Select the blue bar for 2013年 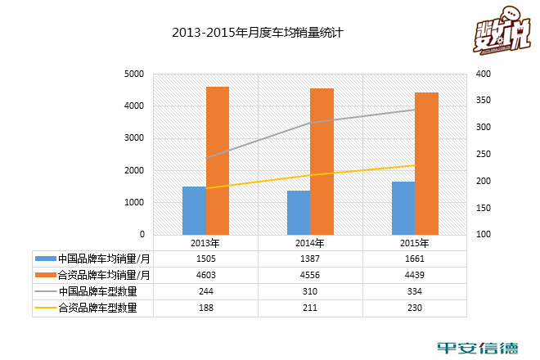194,211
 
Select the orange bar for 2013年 218,161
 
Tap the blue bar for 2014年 299,213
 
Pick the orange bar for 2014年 322,162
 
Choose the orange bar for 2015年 427,164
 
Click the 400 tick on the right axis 483,74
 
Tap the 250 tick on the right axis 483,155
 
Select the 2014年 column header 310,243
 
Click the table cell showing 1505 205,259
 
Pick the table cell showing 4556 310,275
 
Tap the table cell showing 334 415,291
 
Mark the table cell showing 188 205,308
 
